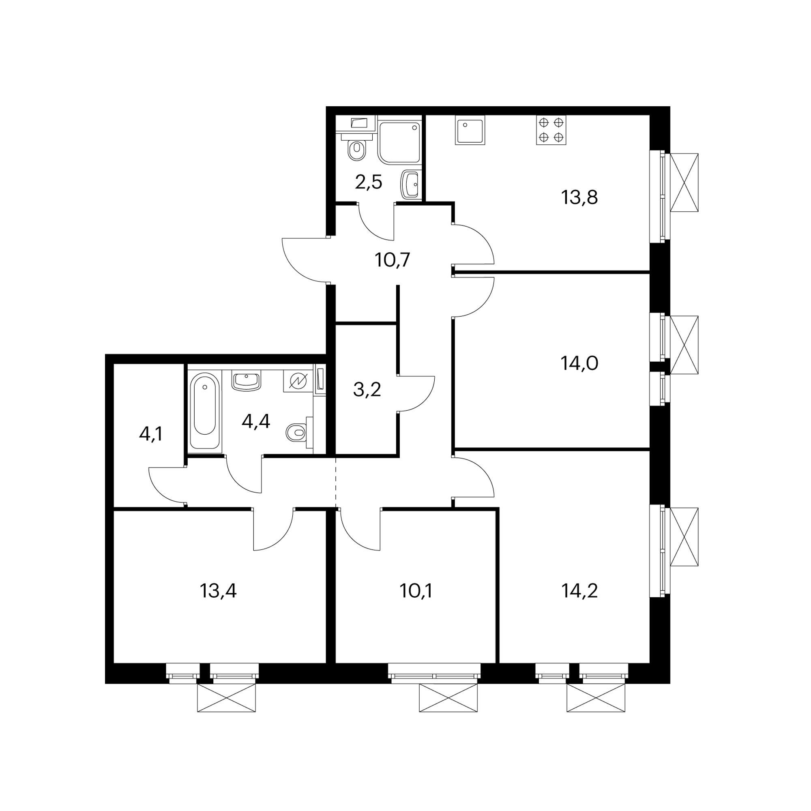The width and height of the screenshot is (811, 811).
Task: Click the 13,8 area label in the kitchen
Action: pos(579,197)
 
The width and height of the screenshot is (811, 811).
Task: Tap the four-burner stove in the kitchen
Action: pos(551,130)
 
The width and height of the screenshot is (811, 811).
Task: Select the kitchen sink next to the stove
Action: pos(470,130)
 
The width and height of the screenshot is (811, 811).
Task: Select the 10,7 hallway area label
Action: pos(392,260)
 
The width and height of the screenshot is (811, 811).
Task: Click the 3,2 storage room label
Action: pos(367,390)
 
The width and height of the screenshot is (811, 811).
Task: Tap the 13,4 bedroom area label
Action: pos(218,591)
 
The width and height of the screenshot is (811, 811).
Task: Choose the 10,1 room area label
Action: pos(416,591)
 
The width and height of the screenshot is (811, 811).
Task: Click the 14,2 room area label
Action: pos(579,591)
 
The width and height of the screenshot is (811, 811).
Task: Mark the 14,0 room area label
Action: pos(579,363)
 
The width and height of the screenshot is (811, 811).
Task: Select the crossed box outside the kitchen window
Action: pos(684,182)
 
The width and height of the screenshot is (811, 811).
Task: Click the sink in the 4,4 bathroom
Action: pos(247,380)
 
